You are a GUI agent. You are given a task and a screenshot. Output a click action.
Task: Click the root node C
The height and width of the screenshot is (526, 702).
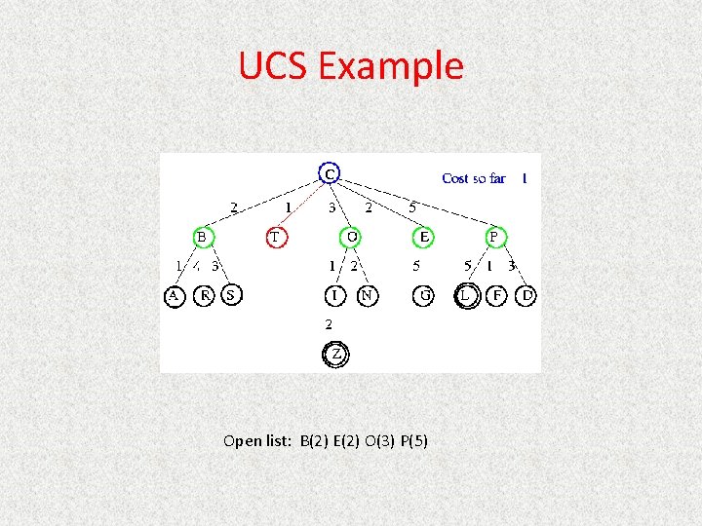(330, 173)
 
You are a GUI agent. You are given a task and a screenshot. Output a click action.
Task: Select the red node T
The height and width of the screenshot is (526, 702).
(276, 237)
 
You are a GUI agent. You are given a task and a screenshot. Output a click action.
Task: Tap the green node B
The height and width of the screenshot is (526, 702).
(202, 237)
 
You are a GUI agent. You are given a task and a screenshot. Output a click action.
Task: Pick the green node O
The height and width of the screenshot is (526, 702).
(351, 237)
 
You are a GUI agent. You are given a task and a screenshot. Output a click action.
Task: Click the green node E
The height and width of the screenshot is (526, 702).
(424, 237)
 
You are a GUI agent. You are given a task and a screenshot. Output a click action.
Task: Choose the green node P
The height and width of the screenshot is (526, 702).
(494, 237)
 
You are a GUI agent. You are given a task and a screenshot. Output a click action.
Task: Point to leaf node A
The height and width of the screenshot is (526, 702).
(174, 295)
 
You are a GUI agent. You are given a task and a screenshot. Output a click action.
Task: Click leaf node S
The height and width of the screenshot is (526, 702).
(231, 294)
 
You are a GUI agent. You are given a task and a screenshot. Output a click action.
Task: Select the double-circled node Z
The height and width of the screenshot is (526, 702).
(335, 355)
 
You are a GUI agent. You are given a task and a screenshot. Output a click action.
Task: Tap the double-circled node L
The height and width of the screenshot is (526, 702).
(467, 295)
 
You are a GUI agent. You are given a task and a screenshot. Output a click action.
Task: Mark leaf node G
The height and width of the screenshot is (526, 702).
(424, 295)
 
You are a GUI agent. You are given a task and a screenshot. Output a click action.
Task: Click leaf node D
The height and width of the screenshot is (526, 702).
(526, 295)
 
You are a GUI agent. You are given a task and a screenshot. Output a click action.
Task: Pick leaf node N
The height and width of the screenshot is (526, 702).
(367, 295)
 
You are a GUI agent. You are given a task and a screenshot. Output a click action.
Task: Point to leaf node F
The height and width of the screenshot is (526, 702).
(497, 295)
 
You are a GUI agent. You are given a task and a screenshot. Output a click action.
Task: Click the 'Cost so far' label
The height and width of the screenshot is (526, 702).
(474, 178)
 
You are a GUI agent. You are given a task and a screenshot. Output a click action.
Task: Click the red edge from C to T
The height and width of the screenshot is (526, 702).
(302, 205)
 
